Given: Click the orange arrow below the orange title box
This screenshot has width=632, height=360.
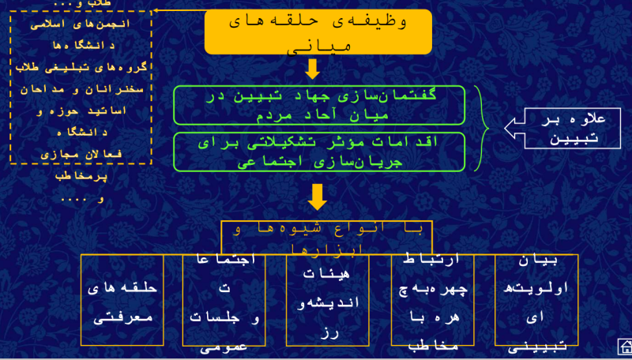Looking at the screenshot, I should click(312, 69).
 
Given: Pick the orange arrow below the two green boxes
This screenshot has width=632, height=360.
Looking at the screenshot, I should click(318, 196).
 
